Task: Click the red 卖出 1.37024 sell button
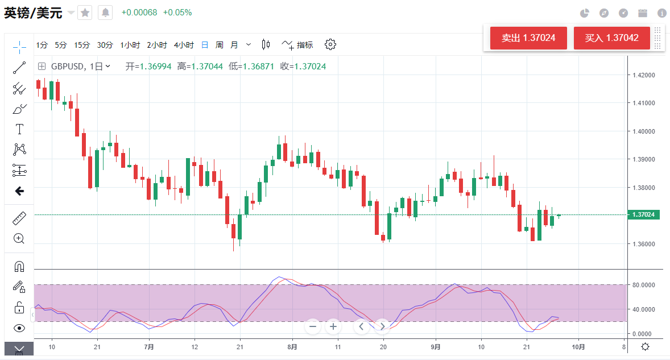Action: (528, 38)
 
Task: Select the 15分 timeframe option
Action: (82, 45)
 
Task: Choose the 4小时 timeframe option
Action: (184, 45)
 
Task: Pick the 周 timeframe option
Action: (219, 45)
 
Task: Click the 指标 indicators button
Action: (297, 45)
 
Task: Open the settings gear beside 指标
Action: (330, 44)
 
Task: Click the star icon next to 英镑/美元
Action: (85, 13)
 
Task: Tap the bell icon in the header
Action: (105, 13)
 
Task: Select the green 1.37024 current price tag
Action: (644, 214)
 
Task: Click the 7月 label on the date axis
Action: (149, 346)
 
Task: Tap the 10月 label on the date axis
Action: (578, 346)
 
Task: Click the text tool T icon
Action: (19, 129)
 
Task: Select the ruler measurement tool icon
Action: (19, 218)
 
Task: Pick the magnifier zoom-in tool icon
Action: (19, 239)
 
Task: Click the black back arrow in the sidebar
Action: (19, 191)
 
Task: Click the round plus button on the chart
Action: (333, 326)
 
